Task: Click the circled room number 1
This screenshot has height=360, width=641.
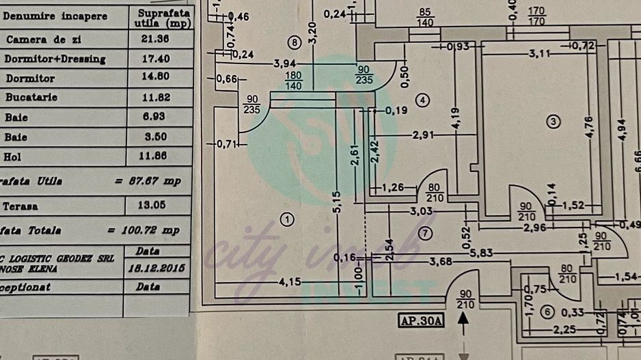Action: click(287, 219)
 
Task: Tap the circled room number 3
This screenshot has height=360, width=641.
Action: click(554, 122)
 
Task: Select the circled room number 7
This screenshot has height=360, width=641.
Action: click(426, 234)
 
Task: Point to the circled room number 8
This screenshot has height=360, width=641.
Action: click(295, 43)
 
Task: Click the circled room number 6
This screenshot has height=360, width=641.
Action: click(546, 313)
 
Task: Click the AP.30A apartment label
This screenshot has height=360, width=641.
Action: click(420, 320)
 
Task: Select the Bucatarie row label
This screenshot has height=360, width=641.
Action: click(31, 98)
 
